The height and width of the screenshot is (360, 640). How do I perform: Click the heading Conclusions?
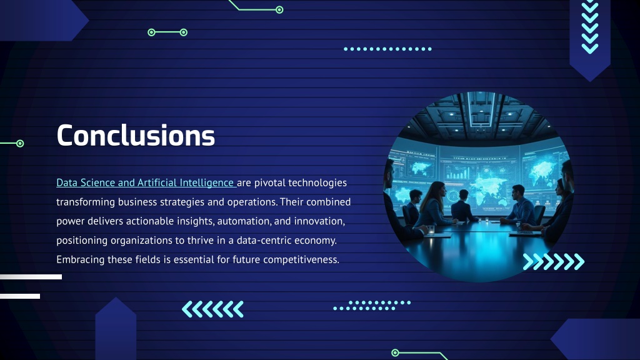pos(136,135)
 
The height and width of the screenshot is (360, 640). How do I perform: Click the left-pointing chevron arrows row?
pos(212,309)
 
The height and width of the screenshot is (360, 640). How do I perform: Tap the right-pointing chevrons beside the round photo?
pos(554,262)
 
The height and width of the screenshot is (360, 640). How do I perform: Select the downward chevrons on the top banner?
pos(590,27)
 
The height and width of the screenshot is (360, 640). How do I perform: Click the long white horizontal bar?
pos(31,277)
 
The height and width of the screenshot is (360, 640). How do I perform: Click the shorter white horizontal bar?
pos(20,296)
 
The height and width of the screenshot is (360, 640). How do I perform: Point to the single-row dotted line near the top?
pos(387,49)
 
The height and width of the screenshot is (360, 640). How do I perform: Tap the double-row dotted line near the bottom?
pos(372,305)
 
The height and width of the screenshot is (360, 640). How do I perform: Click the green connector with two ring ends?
pos(167,32)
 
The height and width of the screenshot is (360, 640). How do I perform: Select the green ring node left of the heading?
pos(20,143)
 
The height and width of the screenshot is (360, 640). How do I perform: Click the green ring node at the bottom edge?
pos(395,352)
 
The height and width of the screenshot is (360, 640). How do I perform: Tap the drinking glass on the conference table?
pos(431,230)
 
